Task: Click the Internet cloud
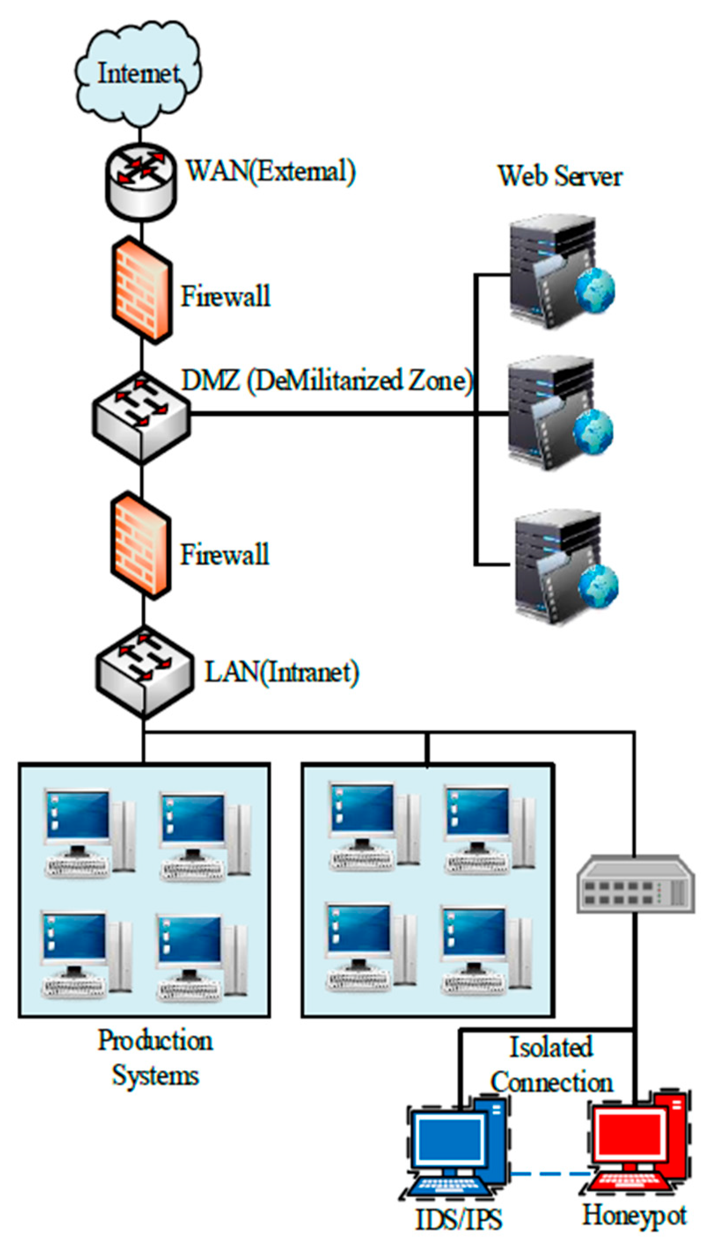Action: point(138,73)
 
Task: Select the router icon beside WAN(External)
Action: point(141,182)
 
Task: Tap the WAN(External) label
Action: point(271,171)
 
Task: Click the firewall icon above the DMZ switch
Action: point(142,290)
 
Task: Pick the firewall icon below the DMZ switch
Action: point(141,545)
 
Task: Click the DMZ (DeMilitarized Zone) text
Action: point(326,380)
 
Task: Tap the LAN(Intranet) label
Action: point(282,672)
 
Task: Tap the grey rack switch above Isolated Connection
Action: point(635,884)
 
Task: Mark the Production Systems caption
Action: point(155,1058)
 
